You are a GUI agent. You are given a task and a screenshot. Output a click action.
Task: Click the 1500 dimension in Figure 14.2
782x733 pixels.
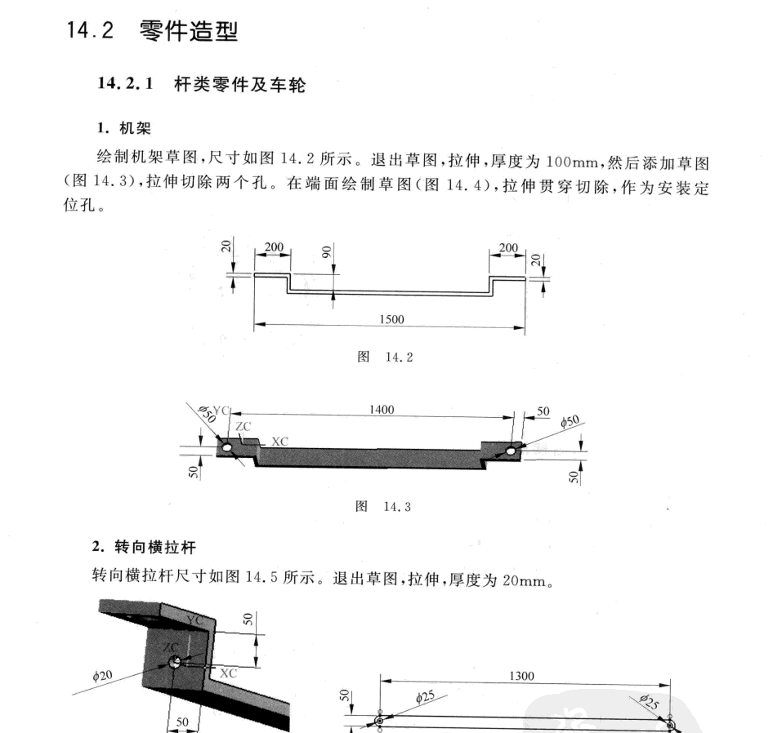tap(391, 319)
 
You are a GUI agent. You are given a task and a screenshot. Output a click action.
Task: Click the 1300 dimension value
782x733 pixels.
tap(521, 676)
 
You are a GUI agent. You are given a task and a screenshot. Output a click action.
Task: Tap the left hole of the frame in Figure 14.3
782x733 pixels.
tap(226, 448)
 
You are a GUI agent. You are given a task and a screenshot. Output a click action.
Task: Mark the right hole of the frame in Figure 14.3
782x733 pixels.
tap(511, 450)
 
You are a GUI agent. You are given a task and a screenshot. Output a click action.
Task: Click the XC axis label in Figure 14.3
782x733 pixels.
tap(279, 441)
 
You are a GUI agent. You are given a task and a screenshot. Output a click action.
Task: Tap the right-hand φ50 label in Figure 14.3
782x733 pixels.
tap(570, 421)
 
